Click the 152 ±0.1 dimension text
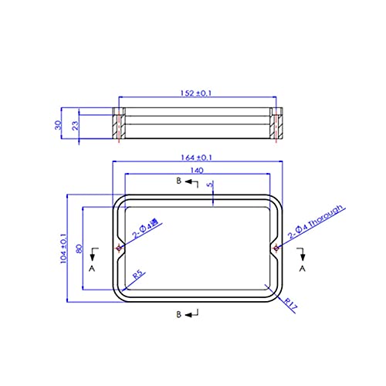pos(196,93)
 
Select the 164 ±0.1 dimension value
pos(197,157)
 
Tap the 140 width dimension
pos(197,171)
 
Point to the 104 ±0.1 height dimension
pos(64,249)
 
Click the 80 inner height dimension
pos(79,249)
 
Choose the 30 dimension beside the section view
pos(58,125)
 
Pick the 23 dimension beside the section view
pos(76,126)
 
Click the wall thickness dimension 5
pos(211,185)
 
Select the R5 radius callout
pos(139,275)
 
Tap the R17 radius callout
pos(291,304)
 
